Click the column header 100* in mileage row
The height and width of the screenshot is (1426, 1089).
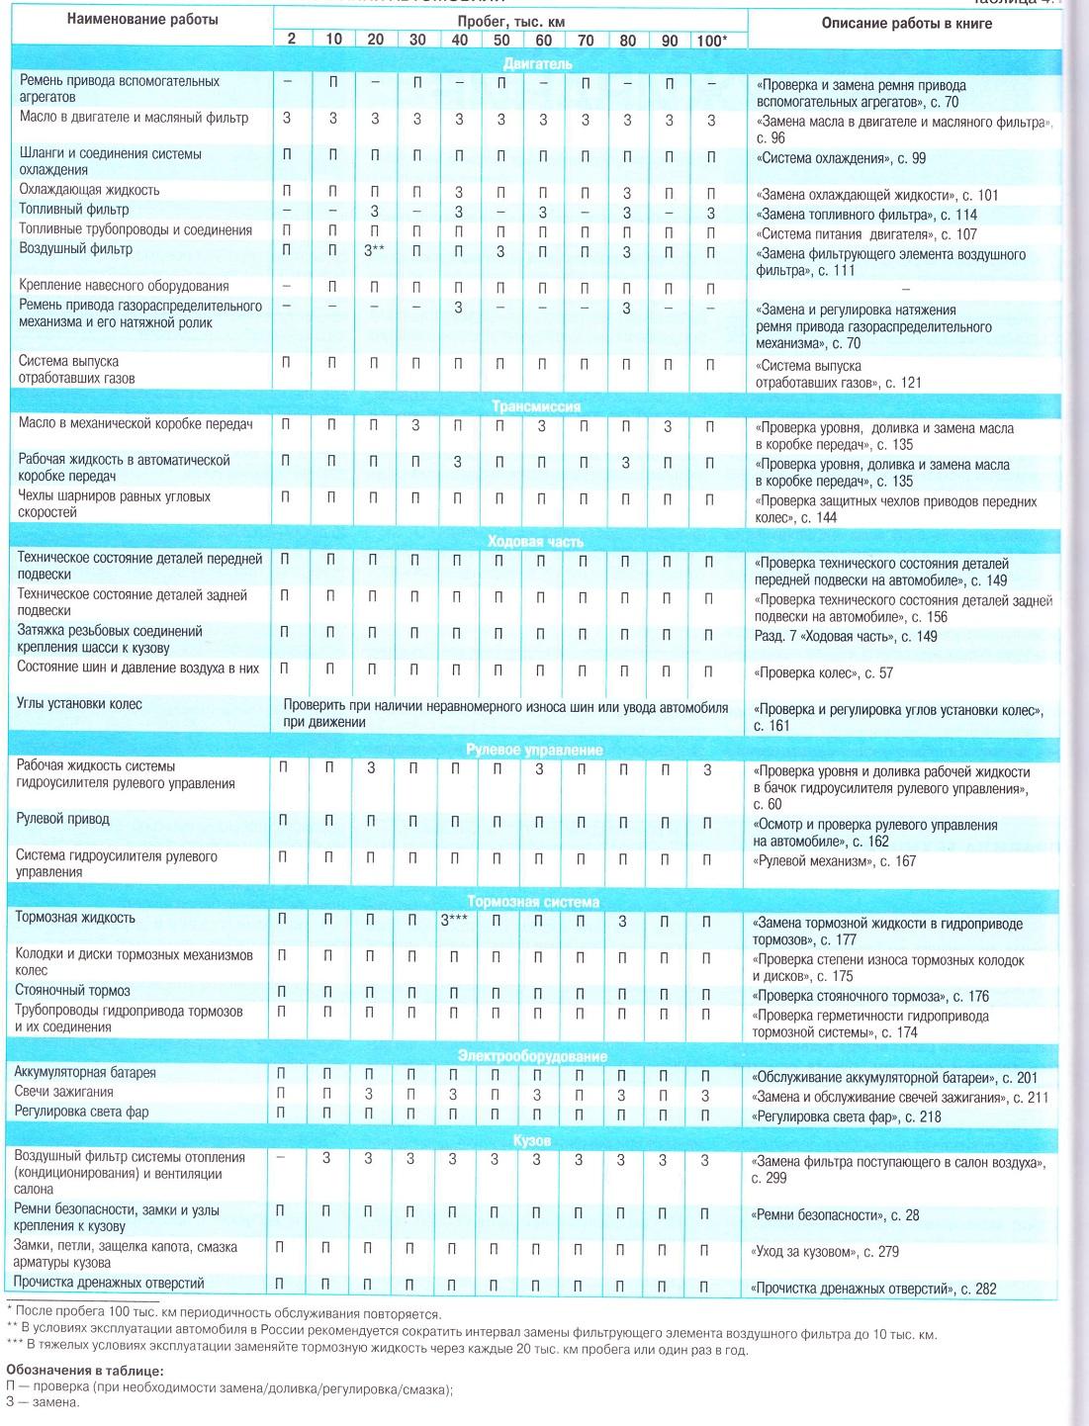click(711, 39)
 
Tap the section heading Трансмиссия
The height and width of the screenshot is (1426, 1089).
click(535, 406)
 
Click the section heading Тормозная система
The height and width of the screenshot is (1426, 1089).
click(533, 902)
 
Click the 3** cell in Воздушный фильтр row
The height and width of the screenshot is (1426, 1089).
click(372, 251)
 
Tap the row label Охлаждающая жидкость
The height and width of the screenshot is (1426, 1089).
click(89, 190)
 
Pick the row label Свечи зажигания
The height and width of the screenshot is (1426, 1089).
click(64, 1092)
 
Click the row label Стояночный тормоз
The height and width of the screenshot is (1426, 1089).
click(73, 991)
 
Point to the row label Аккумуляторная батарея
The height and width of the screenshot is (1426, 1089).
click(85, 1072)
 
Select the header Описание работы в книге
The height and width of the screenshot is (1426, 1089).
click(906, 23)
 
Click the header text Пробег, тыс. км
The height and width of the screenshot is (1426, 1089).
click(511, 21)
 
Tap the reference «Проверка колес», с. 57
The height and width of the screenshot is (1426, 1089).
click(823, 673)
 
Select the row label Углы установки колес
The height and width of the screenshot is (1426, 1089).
click(80, 704)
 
